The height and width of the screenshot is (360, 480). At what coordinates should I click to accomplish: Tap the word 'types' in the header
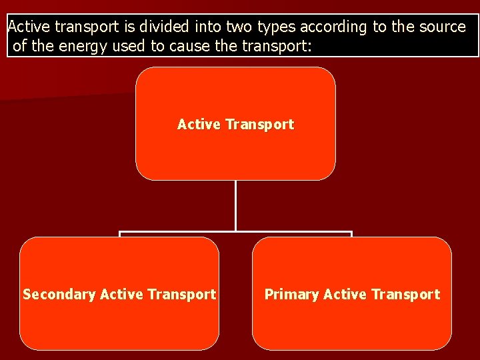(x=275, y=27)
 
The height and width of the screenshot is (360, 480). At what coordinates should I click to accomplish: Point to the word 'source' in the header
(x=442, y=27)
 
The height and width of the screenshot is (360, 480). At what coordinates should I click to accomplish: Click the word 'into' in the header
(x=209, y=27)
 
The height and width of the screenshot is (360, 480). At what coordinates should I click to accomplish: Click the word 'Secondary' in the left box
(x=59, y=295)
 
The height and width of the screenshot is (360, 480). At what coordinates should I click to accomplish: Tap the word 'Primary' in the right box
(x=291, y=294)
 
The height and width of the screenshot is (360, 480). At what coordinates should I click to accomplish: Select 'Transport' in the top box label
(x=259, y=125)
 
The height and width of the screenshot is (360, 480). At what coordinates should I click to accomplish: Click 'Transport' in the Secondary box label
(x=182, y=294)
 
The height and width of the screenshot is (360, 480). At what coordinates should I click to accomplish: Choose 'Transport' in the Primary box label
(x=406, y=294)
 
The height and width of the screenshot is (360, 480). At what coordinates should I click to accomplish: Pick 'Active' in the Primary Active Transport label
(x=345, y=294)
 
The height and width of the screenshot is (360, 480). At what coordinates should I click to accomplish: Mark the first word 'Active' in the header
(x=29, y=27)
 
